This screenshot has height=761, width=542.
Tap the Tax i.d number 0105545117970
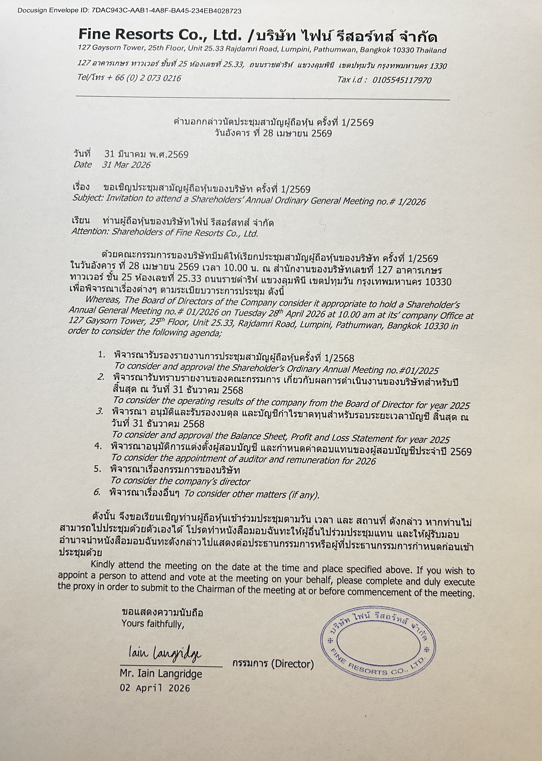click(402, 80)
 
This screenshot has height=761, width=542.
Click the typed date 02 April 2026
click(155, 688)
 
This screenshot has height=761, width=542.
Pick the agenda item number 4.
click(98, 446)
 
